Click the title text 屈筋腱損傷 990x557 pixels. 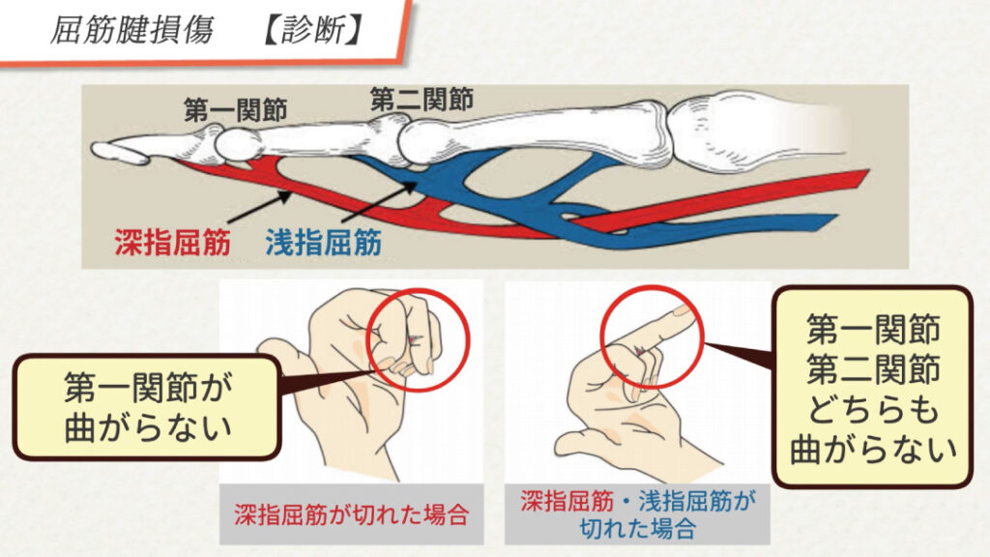tap(131, 30)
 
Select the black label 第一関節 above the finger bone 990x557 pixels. tap(236, 110)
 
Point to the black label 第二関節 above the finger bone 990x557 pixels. tap(422, 100)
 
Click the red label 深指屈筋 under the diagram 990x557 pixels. tap(172, 242)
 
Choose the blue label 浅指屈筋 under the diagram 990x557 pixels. tap(323, 242)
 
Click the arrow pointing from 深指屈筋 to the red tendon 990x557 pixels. tap(259, 208)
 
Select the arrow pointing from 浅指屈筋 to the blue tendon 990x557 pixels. tap(379, 202)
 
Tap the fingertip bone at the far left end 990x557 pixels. tap(120, 152)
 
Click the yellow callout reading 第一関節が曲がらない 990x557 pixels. tap(147, 407)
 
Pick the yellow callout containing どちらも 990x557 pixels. tap(873, 388)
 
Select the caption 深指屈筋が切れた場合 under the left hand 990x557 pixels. tap(352, 514)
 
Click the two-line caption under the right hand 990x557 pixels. tap(638, 514)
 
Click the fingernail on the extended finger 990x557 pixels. tap(681, 310)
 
